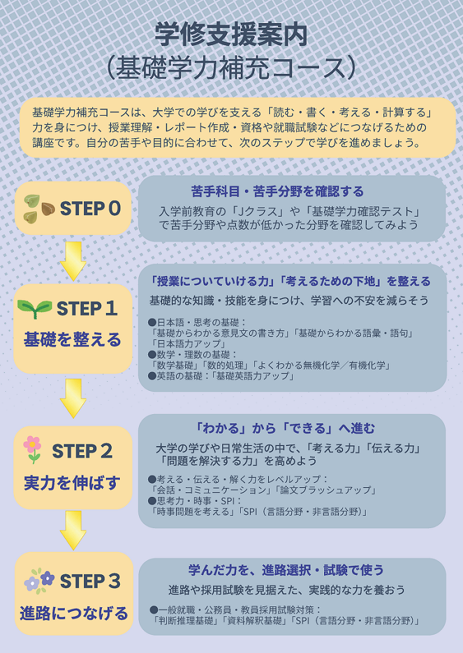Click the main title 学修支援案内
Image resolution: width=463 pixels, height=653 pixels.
pyautogui.click(x=231, y=35)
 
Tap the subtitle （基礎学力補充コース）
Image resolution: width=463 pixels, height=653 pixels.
pyautogui.click(x=231, y=67)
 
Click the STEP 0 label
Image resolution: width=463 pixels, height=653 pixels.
pyautogui.click(x=90, y=208)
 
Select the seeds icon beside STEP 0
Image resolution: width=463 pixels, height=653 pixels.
pyautogui.click(x=39, y=208)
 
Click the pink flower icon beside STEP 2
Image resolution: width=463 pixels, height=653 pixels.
pyautogui.click(x=32, y=449)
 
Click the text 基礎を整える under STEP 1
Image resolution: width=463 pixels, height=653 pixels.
pyautogui.click(x=72, y=340)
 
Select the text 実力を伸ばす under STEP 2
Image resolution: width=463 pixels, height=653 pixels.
pyautogui.click(x=72, y=482)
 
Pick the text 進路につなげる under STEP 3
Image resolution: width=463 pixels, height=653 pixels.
pyautogui.click(x=74, y=613)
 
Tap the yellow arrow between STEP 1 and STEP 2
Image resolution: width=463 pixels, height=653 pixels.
pyautogui.click(x=73, y=397)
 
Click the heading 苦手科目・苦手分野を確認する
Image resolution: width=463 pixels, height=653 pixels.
pyautogui.click(x=277, y=191)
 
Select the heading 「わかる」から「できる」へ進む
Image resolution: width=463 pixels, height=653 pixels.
pyautogui.click(x=285, y=429)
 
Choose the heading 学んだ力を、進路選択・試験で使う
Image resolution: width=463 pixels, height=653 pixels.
pyautogui.click(x=286, y=570)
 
